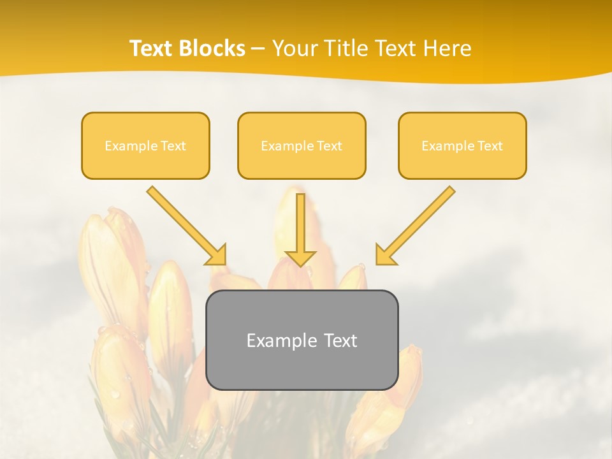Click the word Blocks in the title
pos(213,48)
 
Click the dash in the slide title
pos(258,49)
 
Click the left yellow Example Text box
pos(145,146)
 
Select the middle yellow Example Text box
pos(302,146)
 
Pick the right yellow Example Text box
pos(462,146)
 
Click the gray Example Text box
pos(302,340)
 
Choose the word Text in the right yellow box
pos(490,146)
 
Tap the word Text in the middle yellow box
pos(329,146)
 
